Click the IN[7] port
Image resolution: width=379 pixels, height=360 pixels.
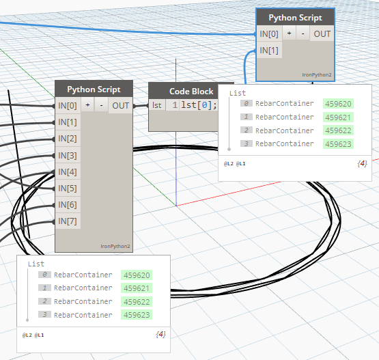pyautogui.click(x=68, y=221)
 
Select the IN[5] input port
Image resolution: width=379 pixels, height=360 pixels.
pyautogui.click(x=68, y=189)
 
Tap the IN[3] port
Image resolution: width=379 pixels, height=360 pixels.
pyautogui.click(x=68, y=156)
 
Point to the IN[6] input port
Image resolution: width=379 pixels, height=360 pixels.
pyautogui.click(x=68, y=205)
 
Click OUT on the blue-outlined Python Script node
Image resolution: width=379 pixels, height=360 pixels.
pyautogui.click(x=322, y=34)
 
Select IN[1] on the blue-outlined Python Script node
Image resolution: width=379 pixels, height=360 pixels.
pyautogui.click(x=269, y=51)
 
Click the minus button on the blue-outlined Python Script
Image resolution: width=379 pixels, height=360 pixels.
pyautogui.click(x=303, y=33)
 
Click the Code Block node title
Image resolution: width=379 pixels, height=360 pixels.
pyautogui.click(x=191, y=92)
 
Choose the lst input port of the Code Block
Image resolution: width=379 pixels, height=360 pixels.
pyautogui.click(x=157, y=105)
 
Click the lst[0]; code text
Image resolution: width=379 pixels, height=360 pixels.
pyautogui.click(x=199, y=105)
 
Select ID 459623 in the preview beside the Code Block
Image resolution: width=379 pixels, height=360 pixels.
pyautogui.click(x=338, y=144)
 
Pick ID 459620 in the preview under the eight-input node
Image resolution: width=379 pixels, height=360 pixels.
pyautogui.click(x=137, y=275)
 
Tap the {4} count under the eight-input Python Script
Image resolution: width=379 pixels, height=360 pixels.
pyautogui.click(x=160, y=335)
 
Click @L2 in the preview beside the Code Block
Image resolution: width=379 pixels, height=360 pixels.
pyautogui.click(x=229, y=164)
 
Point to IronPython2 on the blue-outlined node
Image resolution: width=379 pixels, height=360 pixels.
pyautogui.click(x=317, y=75)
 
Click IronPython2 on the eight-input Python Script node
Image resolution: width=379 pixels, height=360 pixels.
pyautogui.click(x=115, y=247)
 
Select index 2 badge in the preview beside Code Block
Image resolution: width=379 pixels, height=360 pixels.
pyautogui.click(x=247, y=130)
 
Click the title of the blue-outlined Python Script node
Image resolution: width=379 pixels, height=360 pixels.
pyautogui.click(x=296, y=18)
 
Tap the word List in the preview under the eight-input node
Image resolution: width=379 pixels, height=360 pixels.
pyautogui.click(x=36, y=264)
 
